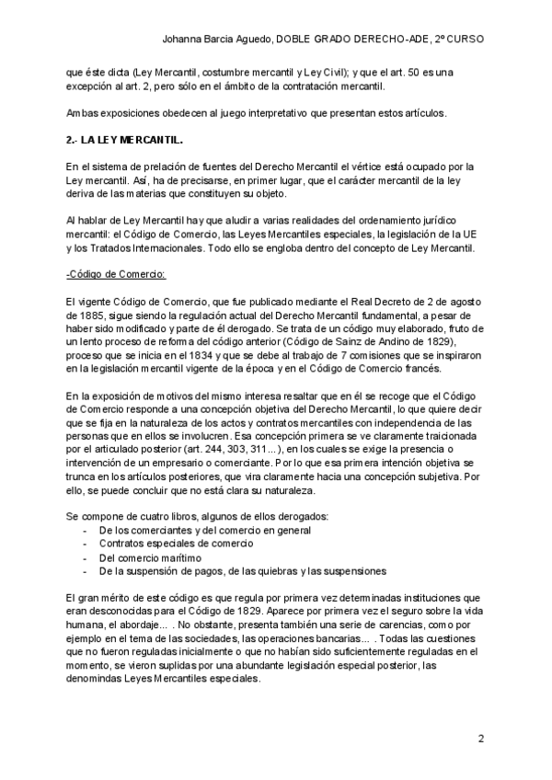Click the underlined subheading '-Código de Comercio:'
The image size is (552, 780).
click(x=109, y=274)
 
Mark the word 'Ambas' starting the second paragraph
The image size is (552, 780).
click(x=83, y=113)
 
